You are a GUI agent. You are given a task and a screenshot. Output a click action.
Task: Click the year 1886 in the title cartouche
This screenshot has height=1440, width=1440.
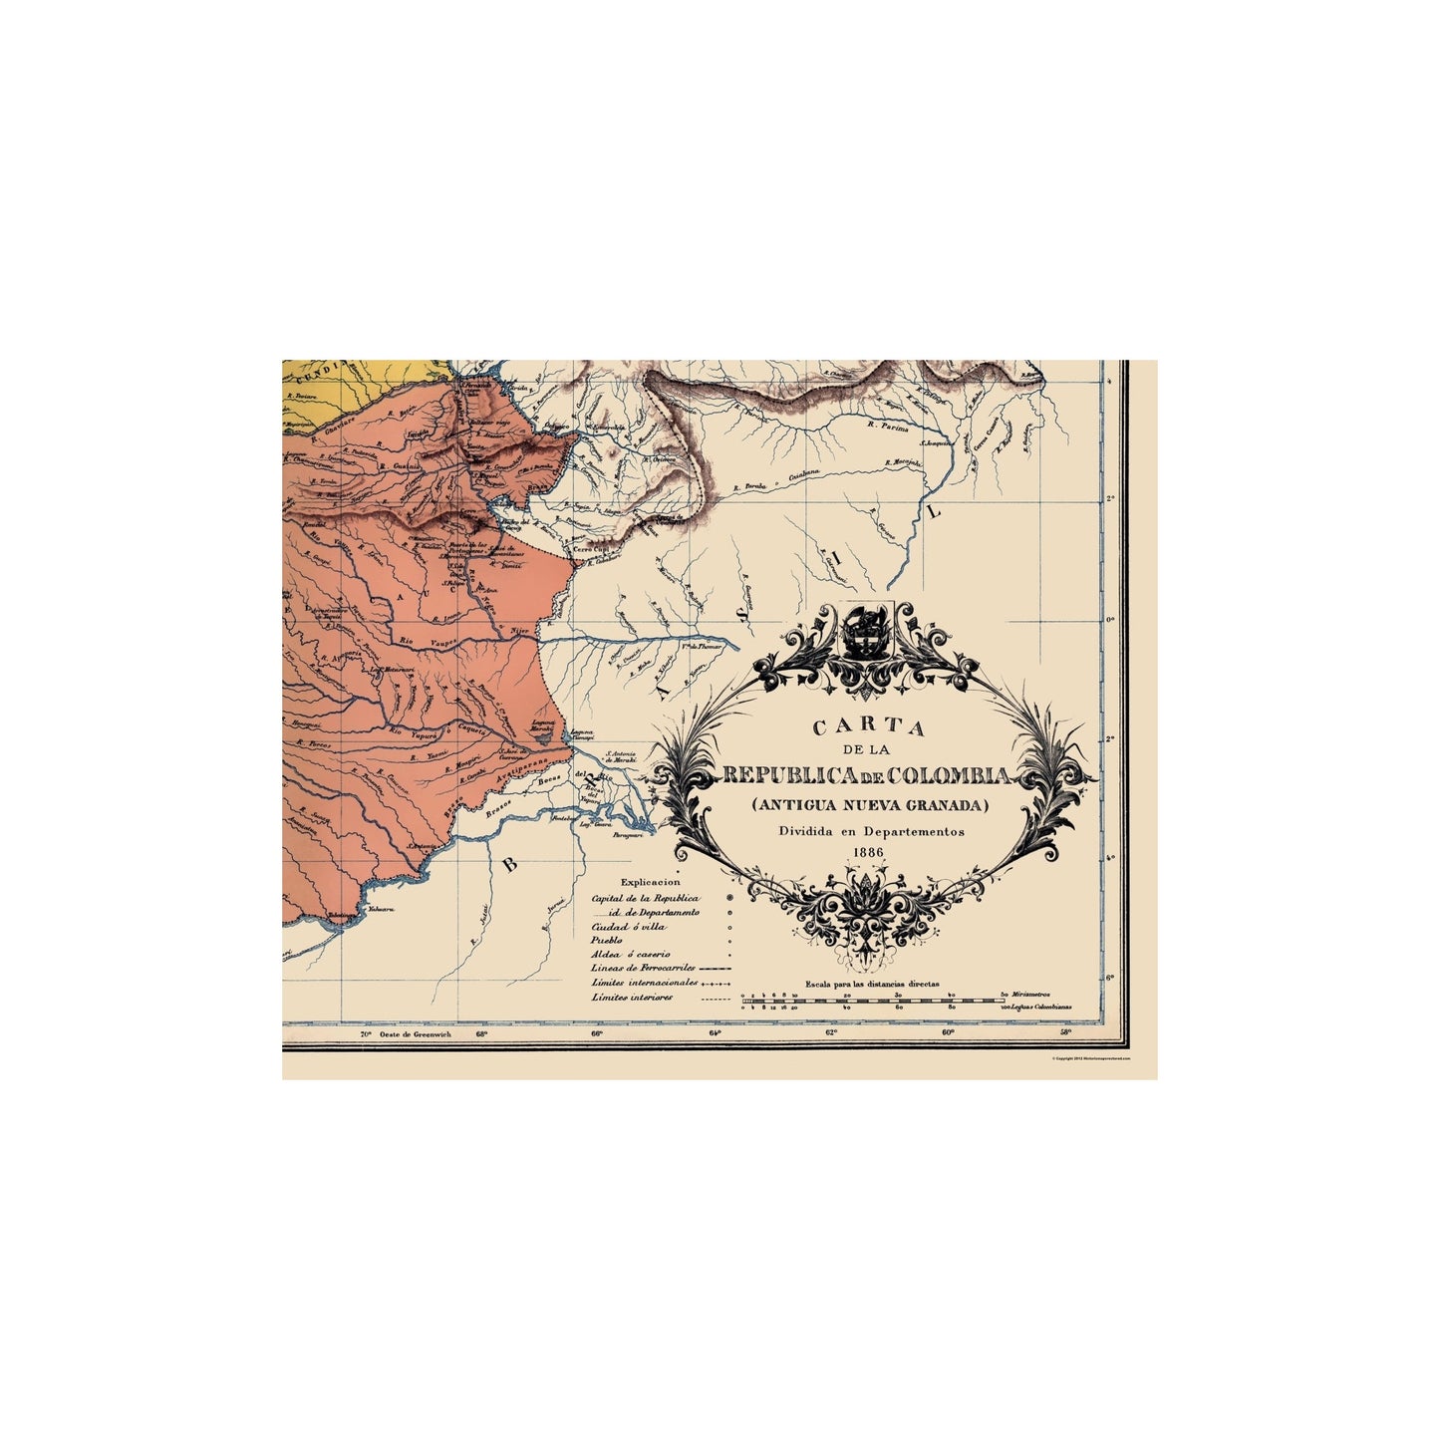[x=868, y=852]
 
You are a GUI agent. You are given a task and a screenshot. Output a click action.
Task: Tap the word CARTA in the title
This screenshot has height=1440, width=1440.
[x=869, y=727]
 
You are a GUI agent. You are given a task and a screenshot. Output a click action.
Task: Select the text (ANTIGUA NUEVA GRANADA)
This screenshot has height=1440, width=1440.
[x=870, y=804]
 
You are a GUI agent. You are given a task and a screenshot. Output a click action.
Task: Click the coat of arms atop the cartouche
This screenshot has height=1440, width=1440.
[x=863, y=630]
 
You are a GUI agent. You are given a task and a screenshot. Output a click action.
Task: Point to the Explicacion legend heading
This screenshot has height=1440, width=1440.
[x=650, y=882]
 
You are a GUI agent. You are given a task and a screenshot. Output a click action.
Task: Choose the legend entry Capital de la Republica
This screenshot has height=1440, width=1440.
[x=645, y=898]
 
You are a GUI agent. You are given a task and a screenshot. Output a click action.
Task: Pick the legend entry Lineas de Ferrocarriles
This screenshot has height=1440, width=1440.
[x=642, y=968]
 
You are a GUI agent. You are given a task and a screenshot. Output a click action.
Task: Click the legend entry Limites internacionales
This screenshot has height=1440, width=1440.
[x=644, y=983]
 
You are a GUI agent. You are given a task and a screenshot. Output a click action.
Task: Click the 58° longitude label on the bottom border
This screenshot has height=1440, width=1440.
[x=1065, y=1032]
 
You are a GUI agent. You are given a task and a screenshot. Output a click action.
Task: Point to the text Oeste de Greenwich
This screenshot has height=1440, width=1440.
[x=416, y=1033]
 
